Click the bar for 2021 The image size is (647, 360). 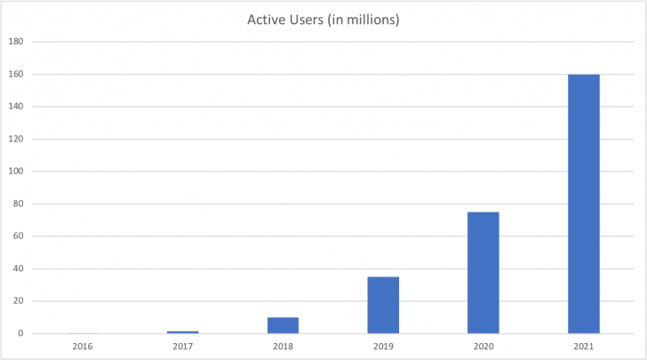[x=584, y=204]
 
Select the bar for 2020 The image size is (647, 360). [x=483, y=273]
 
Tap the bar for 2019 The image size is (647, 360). [x=383, y=305]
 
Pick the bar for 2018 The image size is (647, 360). [x=283, y=325]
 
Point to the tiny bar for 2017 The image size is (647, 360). [x=182, y=332]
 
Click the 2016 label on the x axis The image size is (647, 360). [x=82, y=345]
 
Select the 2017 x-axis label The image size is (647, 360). [x=182, y=345]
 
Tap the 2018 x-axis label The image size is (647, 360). [x=283, y=345]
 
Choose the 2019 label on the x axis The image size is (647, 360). [x=383, y=345]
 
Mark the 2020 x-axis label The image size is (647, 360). [x=483, y=345]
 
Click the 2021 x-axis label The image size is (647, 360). [x=584, y=345]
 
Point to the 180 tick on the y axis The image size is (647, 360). [x=15, y=42]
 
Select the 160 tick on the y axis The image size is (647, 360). [x=15, y=74]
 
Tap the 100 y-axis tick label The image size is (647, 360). [x=15, y=172]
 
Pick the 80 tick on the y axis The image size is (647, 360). [x=17, y=204]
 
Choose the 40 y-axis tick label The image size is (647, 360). [x=17, y=268]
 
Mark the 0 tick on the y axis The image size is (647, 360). [x=20, y=333]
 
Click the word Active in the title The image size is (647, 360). [x=266, y=20]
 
